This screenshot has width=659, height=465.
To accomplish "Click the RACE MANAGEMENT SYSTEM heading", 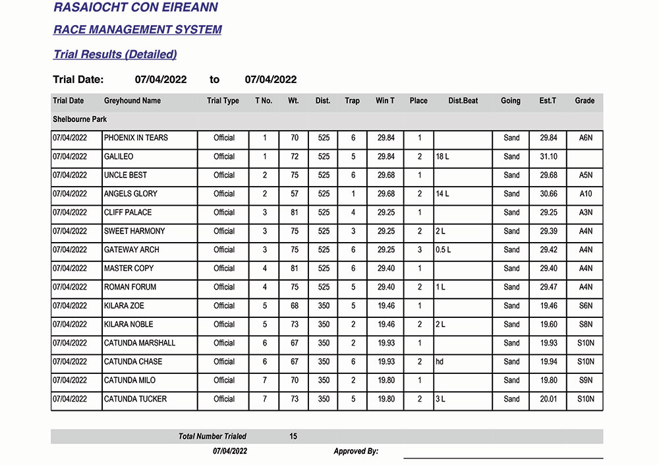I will (x=137, y=30).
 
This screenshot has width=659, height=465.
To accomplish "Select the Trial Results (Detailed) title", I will (x=115, y=55).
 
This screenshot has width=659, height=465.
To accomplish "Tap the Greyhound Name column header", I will (x=132, y=101).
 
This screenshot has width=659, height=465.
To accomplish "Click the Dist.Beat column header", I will (x=463, y=101).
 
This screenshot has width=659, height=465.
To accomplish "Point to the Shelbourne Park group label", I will (x=80, y=119).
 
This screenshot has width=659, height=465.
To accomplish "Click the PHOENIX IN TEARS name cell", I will (x=136, y=138).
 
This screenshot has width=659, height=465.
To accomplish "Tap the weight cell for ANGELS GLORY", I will (x=293, y=194).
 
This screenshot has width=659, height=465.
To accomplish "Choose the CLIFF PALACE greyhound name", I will (x=128, y=212).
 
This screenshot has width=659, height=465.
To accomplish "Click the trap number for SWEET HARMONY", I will (x=353, y=232).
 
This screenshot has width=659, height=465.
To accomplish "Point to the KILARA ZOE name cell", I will (x=124, y=306).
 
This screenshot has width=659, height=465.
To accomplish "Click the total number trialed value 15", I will (x=293, y=437).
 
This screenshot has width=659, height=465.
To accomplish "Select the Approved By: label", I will (x=356, y=451).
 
